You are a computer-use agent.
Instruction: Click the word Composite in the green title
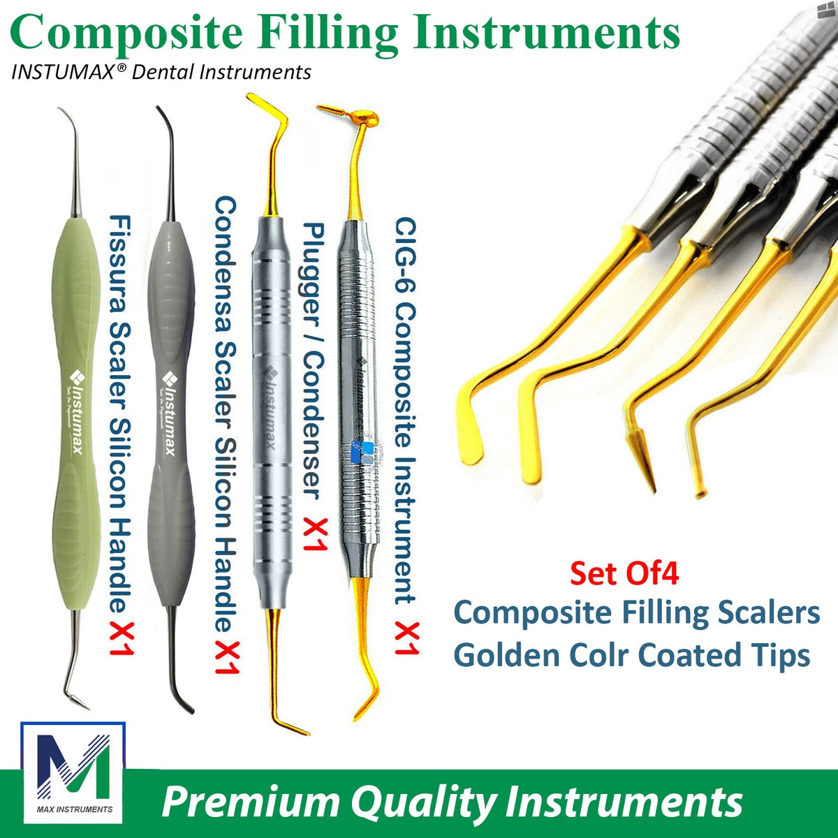[127, 34]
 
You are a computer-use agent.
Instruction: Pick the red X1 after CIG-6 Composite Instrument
[406, 631]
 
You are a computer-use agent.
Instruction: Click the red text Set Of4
[624, 573]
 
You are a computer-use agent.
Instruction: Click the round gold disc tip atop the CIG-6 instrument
[367, 120]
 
